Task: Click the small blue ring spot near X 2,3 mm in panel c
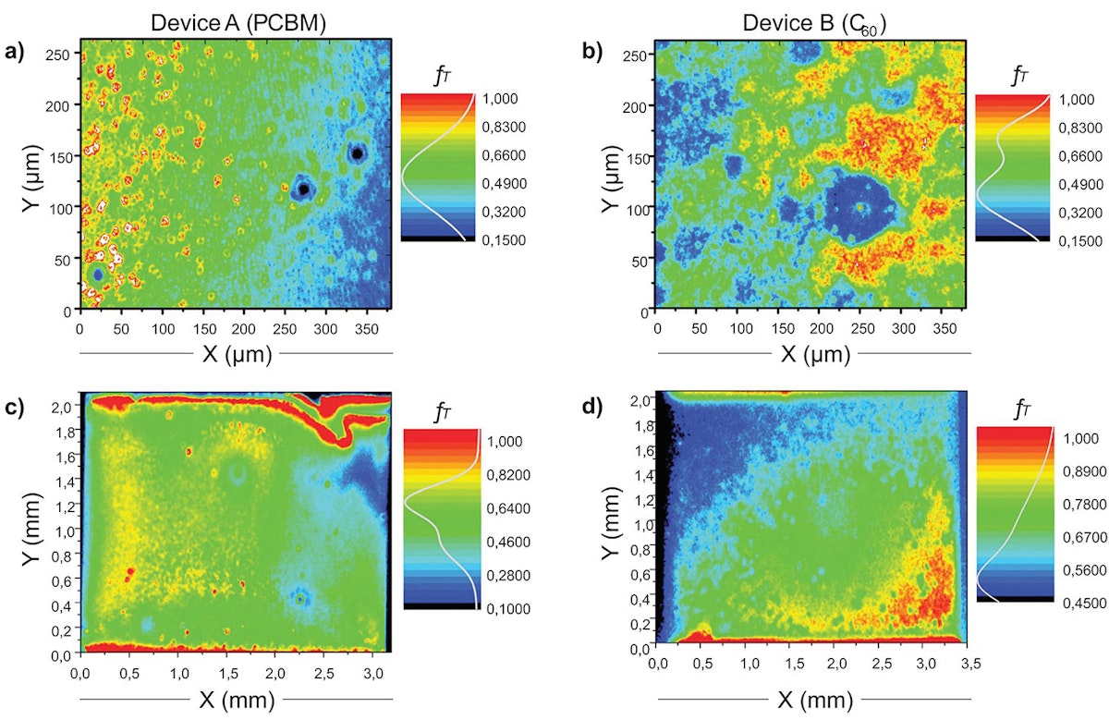coord(301,599)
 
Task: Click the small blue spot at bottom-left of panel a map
coord(98,275)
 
